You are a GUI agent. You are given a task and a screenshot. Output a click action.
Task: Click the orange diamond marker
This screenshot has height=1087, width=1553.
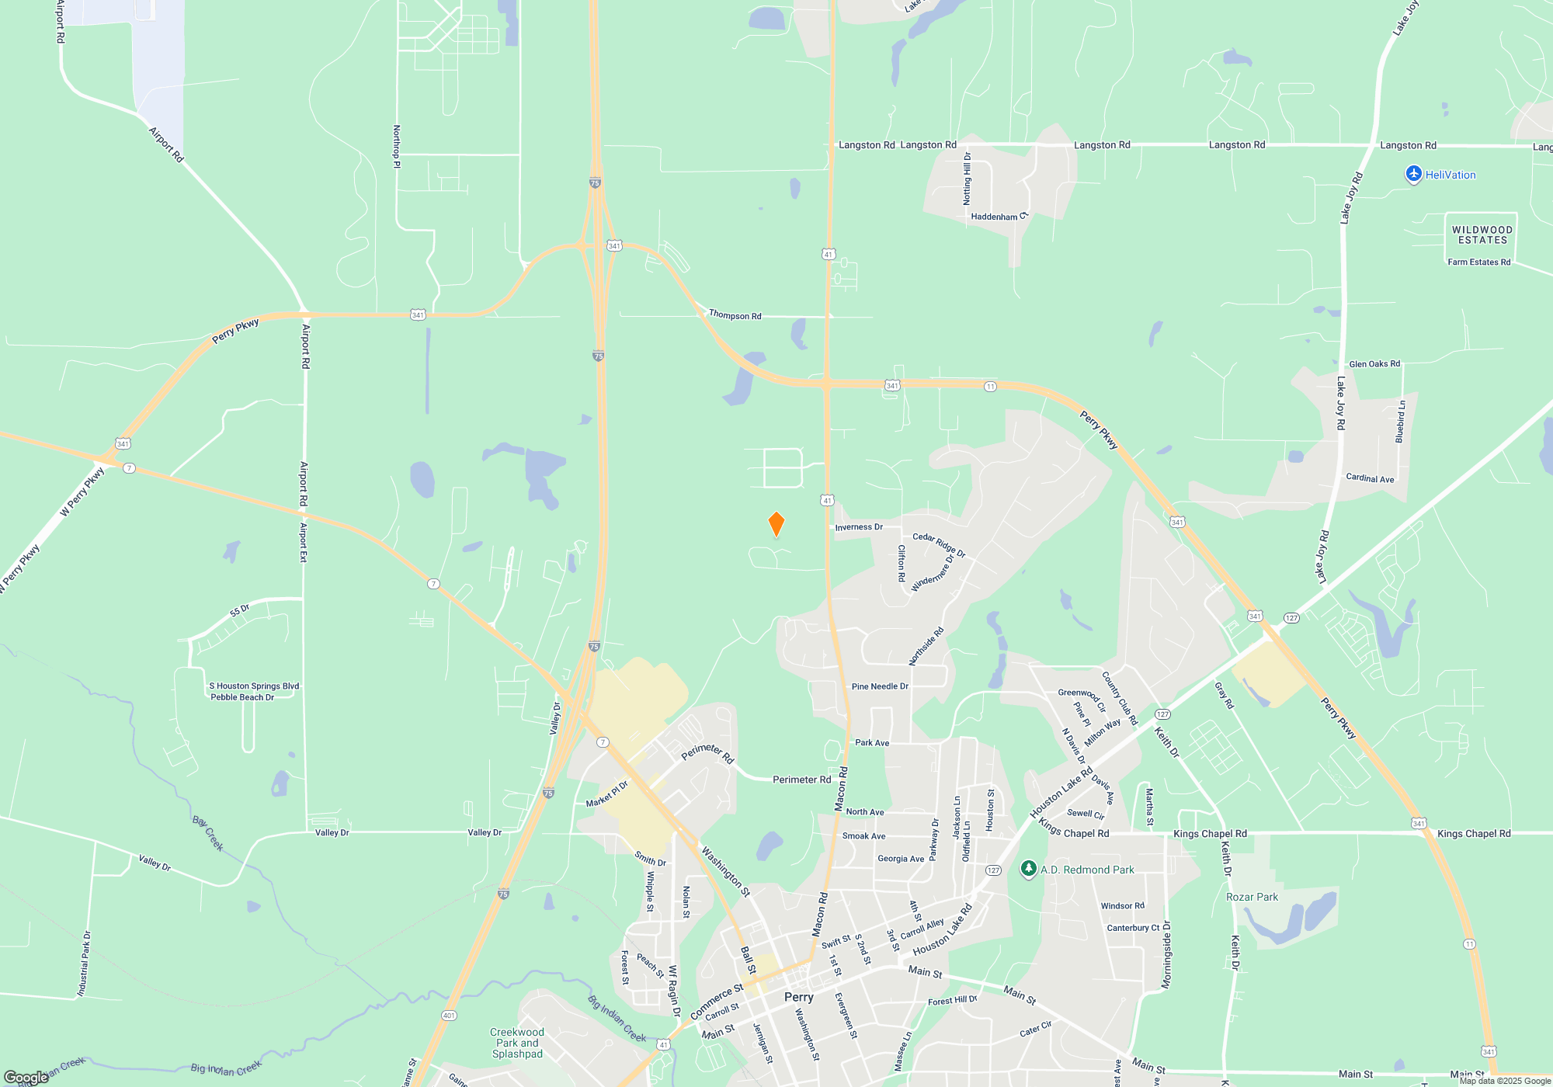[x=776, y=524]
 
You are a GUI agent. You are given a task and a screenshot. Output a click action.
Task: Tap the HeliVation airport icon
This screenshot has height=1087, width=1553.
[x=1413, y=175]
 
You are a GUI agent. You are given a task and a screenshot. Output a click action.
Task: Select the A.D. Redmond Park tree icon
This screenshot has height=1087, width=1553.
[x=1029, y=870]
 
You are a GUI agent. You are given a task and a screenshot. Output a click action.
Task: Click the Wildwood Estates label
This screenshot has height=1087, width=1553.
[x=1482, y=235]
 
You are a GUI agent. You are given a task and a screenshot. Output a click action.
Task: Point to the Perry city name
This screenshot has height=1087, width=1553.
[x=798, y=997]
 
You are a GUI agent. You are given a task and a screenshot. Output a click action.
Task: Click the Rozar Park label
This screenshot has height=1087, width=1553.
[x=1252, y=897]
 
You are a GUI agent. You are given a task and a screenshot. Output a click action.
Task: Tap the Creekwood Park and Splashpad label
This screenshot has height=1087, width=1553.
[x=517, y=1043]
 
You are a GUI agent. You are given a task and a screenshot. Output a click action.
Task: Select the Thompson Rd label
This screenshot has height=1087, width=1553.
[x=735, y=315]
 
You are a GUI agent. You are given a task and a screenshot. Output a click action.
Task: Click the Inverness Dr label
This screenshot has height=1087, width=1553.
[x=859, y=527]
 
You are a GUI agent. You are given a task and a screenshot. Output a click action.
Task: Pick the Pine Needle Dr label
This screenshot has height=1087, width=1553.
[x=880, y=686]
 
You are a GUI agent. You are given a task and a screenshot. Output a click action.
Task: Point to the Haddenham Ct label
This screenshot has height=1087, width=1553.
[x=999, y=217]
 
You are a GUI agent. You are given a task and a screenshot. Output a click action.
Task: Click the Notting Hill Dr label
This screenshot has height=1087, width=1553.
[x=967, y=179]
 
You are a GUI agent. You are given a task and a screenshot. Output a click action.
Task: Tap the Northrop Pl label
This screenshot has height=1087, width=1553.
[x=397, y=147]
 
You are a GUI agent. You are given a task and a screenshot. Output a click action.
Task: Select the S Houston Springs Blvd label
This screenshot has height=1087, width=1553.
[x=254, y=686]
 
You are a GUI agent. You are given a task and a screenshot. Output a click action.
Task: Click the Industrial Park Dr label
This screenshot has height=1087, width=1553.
[x=84, y=964]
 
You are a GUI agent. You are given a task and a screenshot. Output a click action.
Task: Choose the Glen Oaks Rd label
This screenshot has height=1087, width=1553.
[x=1374, y=364]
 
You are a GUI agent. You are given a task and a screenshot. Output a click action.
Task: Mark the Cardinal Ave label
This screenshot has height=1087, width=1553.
[x=1370, y=478]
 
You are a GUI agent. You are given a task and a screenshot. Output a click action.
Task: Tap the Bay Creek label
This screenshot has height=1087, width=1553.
[x=208, y=834]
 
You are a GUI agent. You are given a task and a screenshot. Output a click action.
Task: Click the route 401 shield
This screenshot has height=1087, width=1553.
[x=449, y=1016]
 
